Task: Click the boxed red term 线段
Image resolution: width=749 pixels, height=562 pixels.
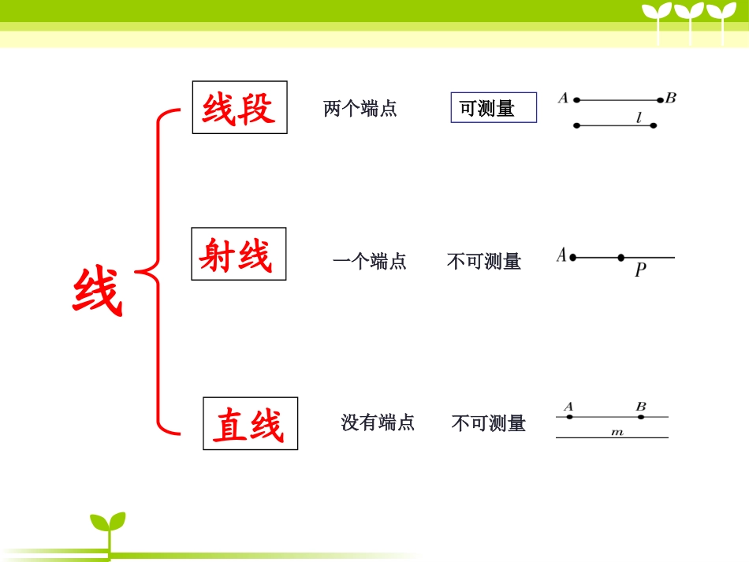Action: coord(240,108)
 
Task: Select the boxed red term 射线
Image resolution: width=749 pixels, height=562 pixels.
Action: coord(238,255)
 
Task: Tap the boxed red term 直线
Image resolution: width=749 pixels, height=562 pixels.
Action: coord(250,424)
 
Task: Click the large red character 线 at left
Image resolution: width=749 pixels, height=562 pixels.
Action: coord(98,292)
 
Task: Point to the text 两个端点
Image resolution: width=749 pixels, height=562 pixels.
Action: coord(360,109)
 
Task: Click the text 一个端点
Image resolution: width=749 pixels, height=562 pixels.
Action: coord(370,261)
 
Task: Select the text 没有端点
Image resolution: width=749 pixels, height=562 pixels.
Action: coord(378,422)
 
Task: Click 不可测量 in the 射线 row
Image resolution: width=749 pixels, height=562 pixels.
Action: coord(484,261)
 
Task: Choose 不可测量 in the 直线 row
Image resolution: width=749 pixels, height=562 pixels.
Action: coord(488,423)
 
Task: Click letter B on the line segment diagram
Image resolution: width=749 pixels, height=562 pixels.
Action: coord(671,98)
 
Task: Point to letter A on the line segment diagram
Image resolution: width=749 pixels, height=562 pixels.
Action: coord(563,98)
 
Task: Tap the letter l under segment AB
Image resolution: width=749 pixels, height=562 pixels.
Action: coord(639,117)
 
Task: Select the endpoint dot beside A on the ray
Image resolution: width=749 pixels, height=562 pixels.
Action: coord(573,257)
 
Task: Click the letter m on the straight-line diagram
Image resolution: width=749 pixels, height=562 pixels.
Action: coord(617,432)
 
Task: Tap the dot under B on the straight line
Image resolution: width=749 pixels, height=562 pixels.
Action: coord(640,416)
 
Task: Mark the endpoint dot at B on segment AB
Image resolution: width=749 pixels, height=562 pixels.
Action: coord(661,100)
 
